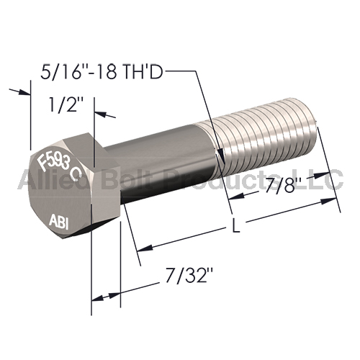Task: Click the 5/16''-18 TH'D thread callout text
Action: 102,71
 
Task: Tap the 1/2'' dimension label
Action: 66,104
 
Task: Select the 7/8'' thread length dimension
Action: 280,185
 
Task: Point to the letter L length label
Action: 236,225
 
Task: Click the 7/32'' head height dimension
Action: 189,276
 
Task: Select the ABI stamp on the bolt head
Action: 59,222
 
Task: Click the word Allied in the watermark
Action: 55,179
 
